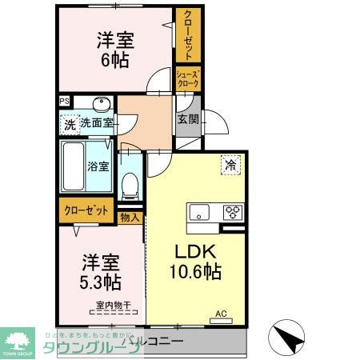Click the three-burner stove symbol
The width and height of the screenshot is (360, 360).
click(x=233, y=212)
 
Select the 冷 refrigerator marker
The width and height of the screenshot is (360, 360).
click(x=230, y=166)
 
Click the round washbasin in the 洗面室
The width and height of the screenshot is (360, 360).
click(x=100, y=106)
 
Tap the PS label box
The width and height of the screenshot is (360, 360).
click(x=63, y=102)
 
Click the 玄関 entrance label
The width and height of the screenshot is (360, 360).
click(x=187, y=120)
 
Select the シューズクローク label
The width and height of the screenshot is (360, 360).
click(x=187, y=80)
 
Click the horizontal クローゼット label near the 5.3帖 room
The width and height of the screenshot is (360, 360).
click(x=86, y=211)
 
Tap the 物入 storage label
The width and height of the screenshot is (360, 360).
click(x=130, y=217)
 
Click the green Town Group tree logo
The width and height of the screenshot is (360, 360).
click(x=18, y=341)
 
